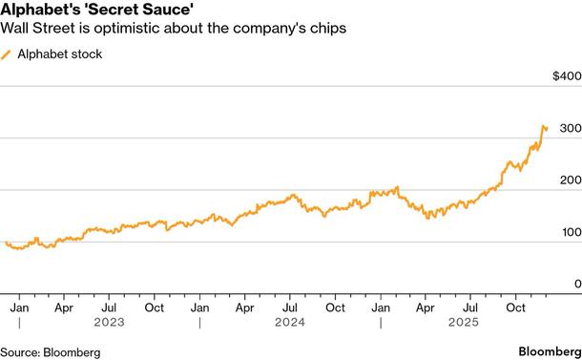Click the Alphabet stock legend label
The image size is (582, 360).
[60, 54]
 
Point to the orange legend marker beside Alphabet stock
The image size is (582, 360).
[9, 54]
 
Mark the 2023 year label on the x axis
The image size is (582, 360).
[109, 323]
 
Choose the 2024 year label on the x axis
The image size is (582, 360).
[290, 323]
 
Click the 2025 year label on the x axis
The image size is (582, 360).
[471, 323]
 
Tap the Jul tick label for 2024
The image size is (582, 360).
[290, 307]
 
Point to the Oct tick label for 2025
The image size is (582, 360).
[516, 307]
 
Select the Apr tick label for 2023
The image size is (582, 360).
[64, 307]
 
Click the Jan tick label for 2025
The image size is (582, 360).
[381, 307]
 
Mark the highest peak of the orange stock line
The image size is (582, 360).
[544, 125]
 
